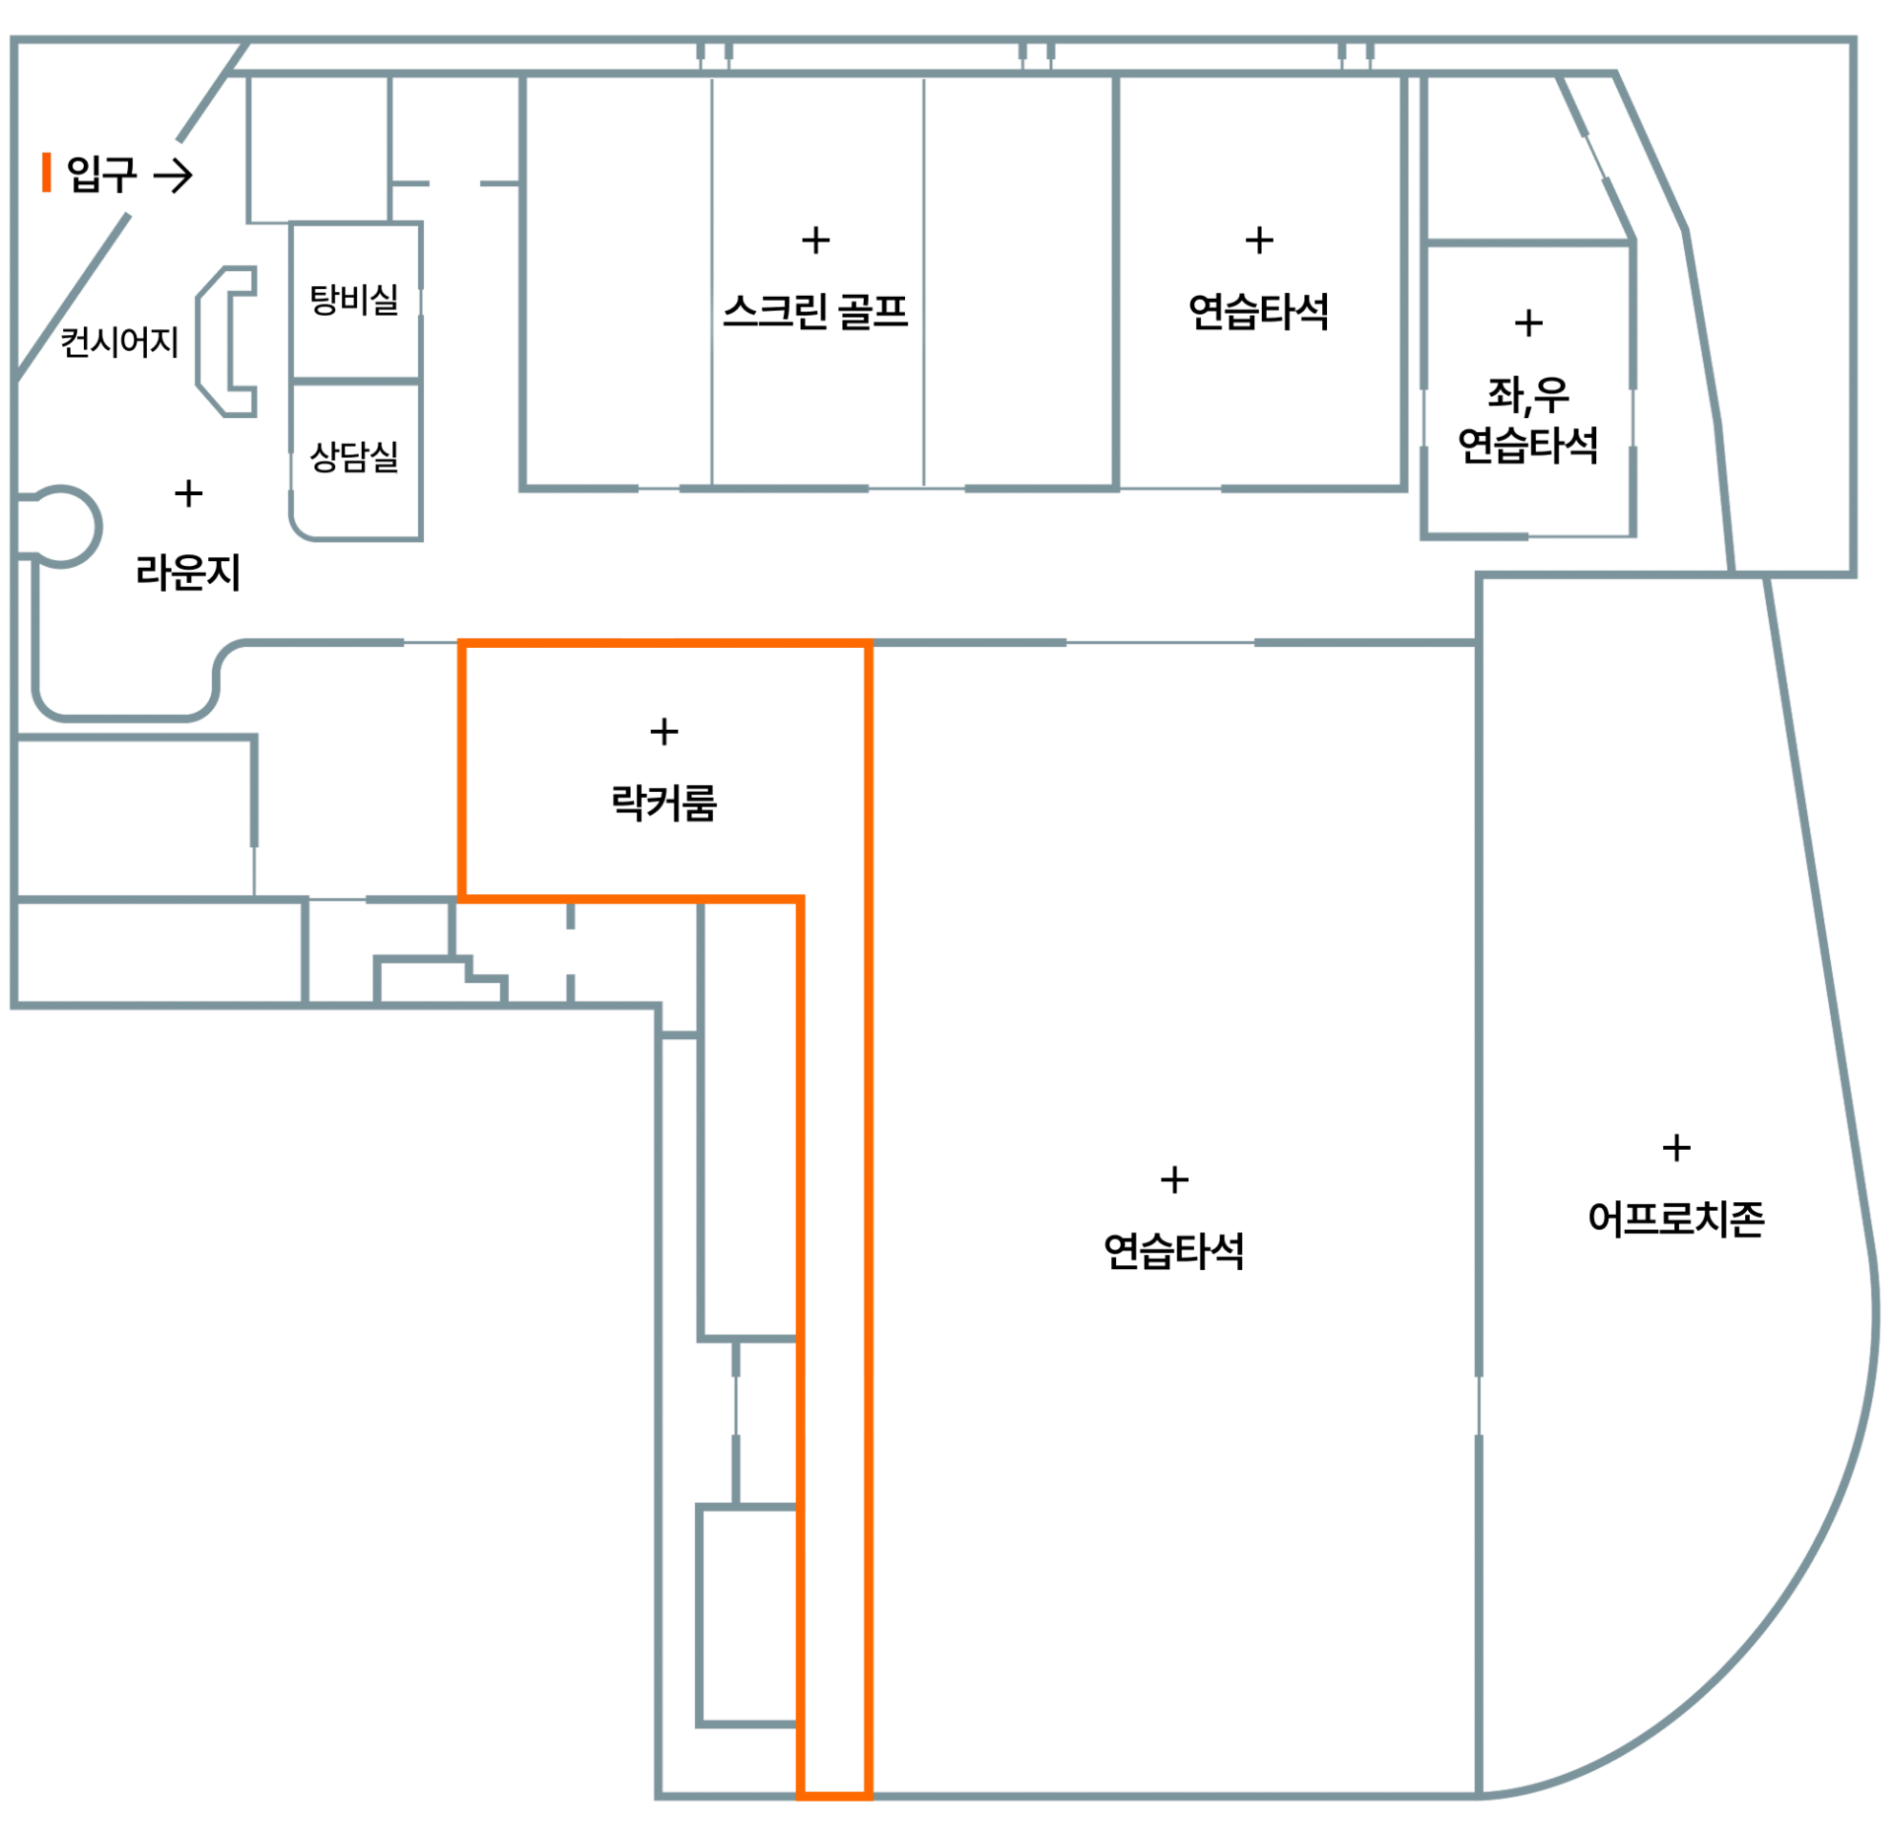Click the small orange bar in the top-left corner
(45, 172)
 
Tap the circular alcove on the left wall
(61, 526)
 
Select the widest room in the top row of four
(1259, 281)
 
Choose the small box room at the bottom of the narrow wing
(746, 1617)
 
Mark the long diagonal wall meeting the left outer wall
(74, 296)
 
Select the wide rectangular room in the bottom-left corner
(158, 952)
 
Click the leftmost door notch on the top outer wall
(714, 54)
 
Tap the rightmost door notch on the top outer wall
(1355, 54)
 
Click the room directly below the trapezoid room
(1528, 389)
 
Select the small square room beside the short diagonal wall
(317, 148)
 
